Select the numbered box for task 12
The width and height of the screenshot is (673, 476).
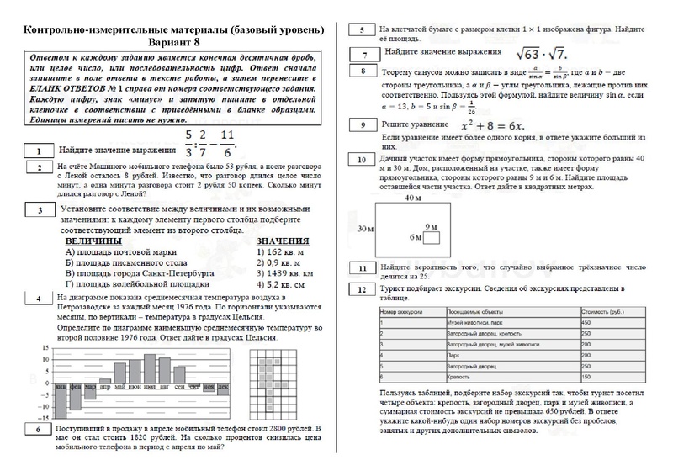(361, 290)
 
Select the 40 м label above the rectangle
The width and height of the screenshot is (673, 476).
(412, 198)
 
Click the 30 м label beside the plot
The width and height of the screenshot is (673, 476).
(364, 227)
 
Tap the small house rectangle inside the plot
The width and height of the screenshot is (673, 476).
(432, 237)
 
